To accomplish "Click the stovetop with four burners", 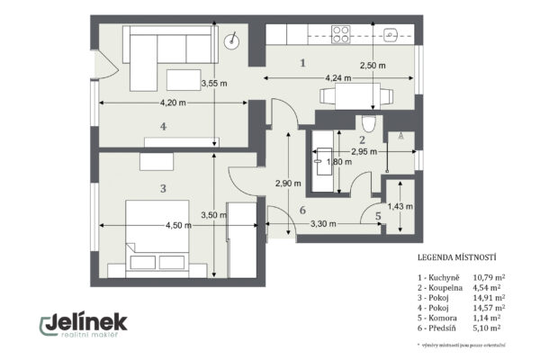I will tap(341, 34).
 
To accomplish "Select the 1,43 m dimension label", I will tap(400, 206).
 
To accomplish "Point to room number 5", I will tap(378, 216).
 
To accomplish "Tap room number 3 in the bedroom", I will tap(162, 189).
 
